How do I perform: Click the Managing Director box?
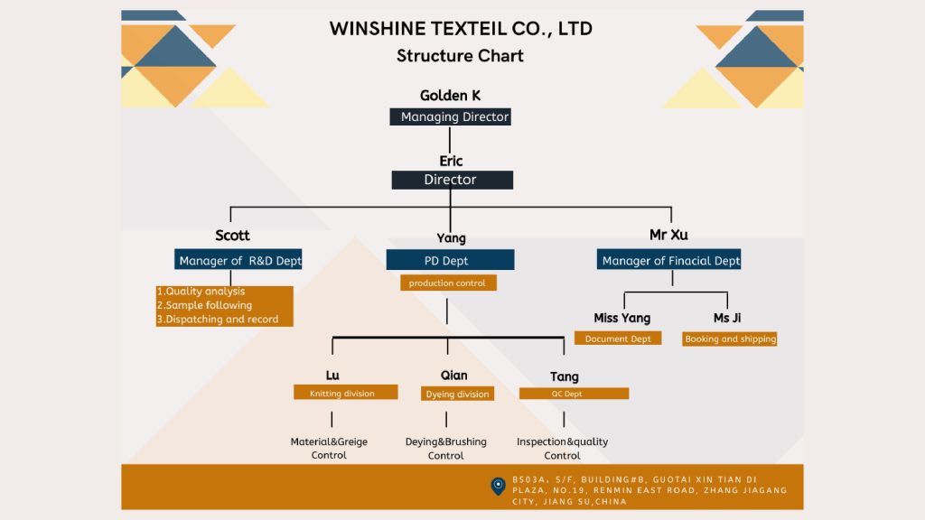click(450, 116)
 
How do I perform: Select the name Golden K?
click(450, 96)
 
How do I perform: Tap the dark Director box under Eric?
click(452, 180)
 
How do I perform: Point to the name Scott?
click(232, 236)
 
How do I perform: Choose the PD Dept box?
click(450, 260)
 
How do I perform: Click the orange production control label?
click(447, 283)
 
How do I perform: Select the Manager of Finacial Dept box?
click(669, 260)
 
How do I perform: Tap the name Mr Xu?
click(668, 235)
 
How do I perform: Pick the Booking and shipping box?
click(730, 339)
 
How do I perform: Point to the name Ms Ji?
click(727, 318)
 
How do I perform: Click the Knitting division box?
click(346, 393)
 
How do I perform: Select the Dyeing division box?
click(457, 394)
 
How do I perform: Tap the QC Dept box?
click(574, 393)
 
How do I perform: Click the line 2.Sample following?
click(205, 305)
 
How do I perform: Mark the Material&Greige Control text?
click(329, 449)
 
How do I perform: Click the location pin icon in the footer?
click(498, 486)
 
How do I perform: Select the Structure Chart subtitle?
click(460, 55)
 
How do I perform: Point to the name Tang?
click(565, 376)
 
